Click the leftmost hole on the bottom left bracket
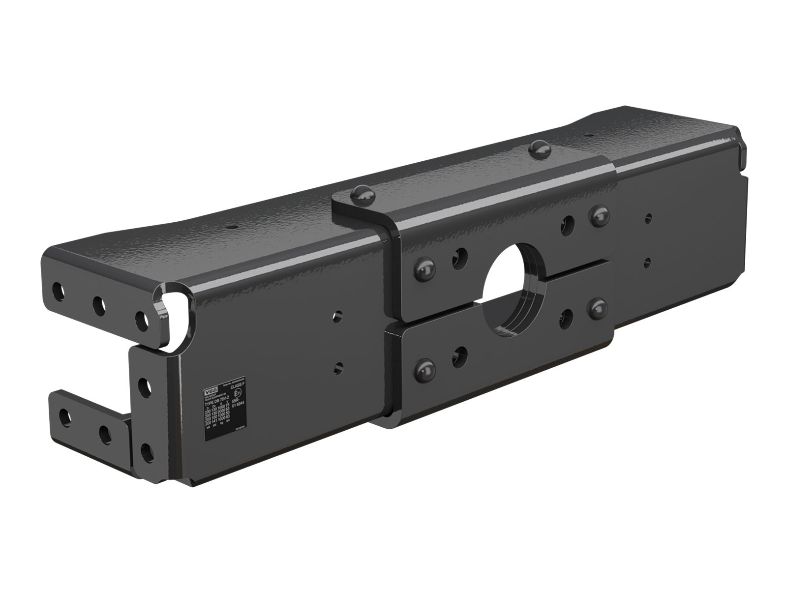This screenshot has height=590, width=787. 64,417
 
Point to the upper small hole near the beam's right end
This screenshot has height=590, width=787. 649,216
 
